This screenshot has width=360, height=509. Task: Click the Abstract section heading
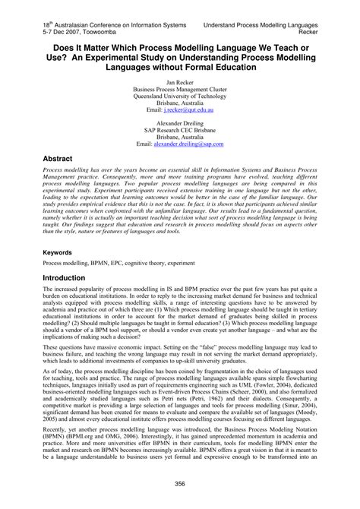tap(63, 139)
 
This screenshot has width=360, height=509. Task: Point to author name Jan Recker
tap(180, 83)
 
